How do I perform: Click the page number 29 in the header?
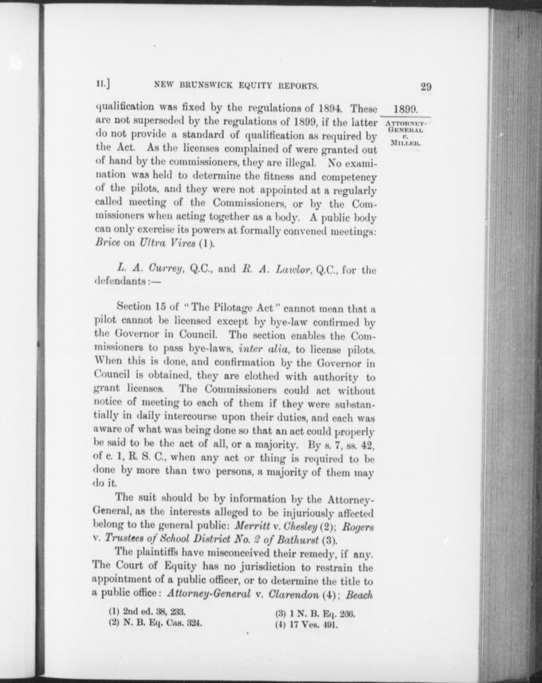click(426, 87)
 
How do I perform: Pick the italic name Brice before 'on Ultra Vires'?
click(107, 242)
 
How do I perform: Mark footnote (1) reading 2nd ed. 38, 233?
click(147, 612)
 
